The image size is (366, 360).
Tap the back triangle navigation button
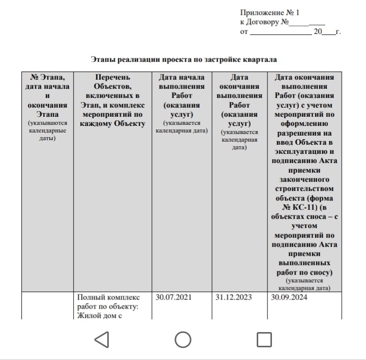click(x=102, y=339)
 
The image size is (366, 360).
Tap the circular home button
click(x=183, y=339)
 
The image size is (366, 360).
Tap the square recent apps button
click(x=264, y=339)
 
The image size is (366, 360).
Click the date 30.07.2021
click(x=174, y=297)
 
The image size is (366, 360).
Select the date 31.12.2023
click(x=233, y=297)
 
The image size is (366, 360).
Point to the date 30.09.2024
click(x=289, y=297)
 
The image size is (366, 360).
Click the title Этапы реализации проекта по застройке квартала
click(x=184, y=59)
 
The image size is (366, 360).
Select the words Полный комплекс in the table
click(x=108, y=297)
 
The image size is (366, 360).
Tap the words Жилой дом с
click(x=100, y=316)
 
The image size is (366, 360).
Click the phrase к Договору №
click(x=264, y=22)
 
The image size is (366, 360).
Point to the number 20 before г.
click(x=318, y=31)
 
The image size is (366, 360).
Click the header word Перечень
click(x=112, y=77)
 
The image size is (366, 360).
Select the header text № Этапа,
click(x=47, y=77)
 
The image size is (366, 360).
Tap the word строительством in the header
click(x=304, y=188)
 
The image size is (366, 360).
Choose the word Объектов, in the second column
click(x=112, y=86)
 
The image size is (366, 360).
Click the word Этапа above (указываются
click(x=48, y=114)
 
